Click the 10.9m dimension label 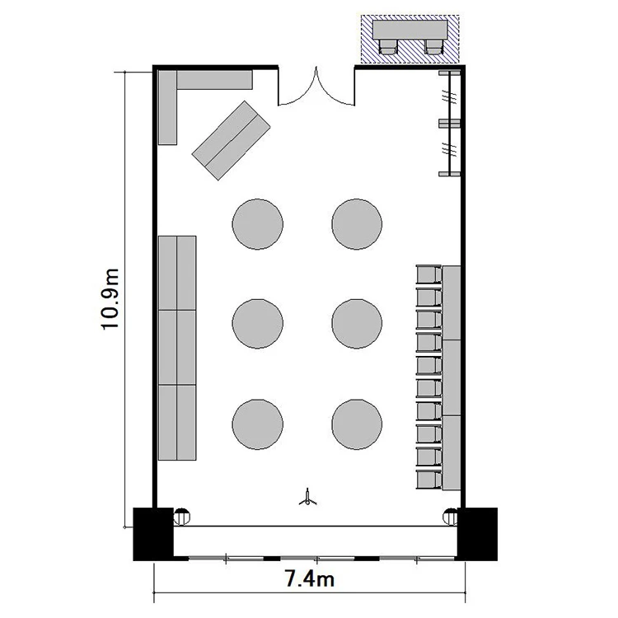[110, 299]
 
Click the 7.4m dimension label [309, 579]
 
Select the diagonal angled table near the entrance [232, 140]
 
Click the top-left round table [257, 224]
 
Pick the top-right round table [357, 224]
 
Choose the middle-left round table [257, 324]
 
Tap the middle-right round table [357, 324]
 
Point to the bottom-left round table [257, 424]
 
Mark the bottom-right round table [357, 424]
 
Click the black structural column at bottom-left [153, 534]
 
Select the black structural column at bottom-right [477, 534]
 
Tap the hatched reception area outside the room [410, 39]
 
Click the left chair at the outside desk [388, 46]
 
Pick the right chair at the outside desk [433, 46]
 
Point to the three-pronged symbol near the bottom [308, 498]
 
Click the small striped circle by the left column [182, 517]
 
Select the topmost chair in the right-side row [428, 274]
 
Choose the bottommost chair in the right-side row [428, 480]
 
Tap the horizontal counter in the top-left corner [214, 80]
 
